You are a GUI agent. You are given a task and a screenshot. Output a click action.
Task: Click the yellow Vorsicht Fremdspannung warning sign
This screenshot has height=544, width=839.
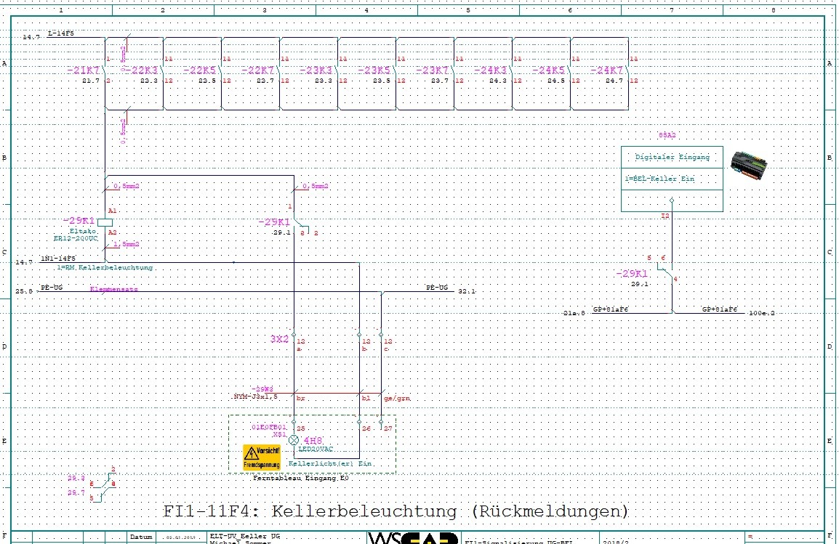pyautogui.click(x=262, y=457)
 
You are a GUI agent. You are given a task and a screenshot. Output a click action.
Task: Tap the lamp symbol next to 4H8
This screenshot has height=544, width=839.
pyautogui.click(x=294, y=440)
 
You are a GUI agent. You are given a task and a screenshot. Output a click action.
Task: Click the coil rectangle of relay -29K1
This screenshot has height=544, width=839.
pyautogui.click(x=103, y=221)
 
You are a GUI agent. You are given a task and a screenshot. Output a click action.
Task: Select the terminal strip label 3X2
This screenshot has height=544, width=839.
pyautogui.click(x=280, y=339)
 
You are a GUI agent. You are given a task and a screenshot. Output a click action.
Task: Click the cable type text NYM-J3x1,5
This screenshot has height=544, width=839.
pyautogui.click(x=255, y=397)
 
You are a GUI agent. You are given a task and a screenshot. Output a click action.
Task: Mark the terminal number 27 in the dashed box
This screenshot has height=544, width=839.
pyautogui.click(x=388, y=429)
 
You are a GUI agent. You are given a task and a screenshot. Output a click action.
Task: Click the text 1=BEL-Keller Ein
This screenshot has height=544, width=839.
pyautogui.click(x=652, y=179)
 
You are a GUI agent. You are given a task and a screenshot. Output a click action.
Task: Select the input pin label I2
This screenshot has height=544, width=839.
pyautogui.click(x=665, y=216)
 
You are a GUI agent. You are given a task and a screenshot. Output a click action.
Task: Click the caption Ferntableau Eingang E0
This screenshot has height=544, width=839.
pyautogui.click(x=301, y=479)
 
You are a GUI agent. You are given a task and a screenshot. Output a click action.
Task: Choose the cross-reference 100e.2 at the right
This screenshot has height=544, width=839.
pyautogui.click(x=763, y=313)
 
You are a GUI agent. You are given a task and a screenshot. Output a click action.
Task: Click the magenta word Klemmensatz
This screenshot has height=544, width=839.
pyautogui.click(x=114, y=289)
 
